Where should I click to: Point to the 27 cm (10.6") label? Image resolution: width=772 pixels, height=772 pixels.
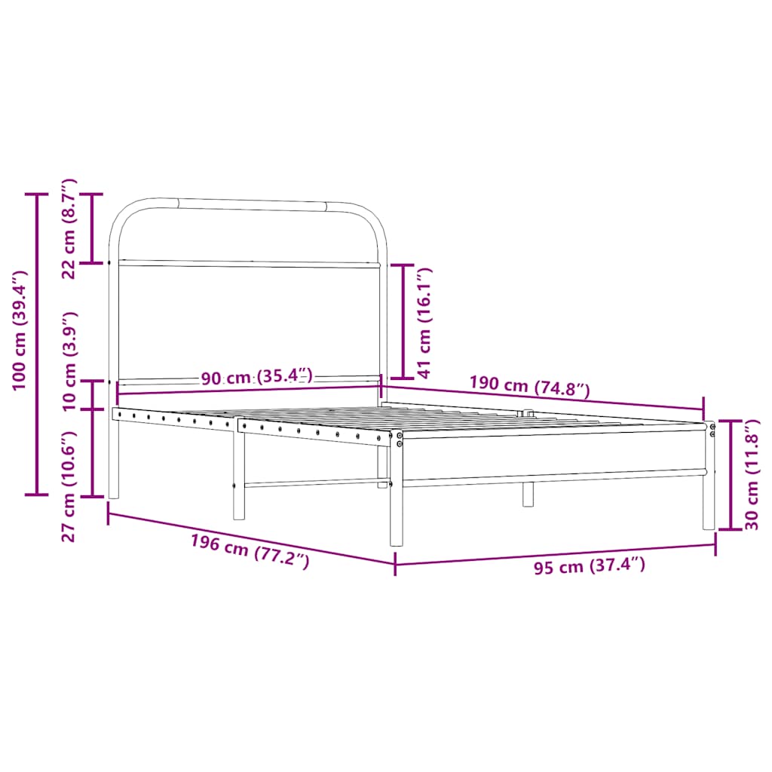pos(69,486)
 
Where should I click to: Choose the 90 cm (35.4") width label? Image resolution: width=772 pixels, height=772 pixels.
pos(257,377)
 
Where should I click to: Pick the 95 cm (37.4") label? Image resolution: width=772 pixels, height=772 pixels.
pos(590,566)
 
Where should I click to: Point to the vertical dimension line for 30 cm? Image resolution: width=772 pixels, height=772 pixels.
pos(729,475)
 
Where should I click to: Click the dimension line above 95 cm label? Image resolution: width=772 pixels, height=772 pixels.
pos(555,553)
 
